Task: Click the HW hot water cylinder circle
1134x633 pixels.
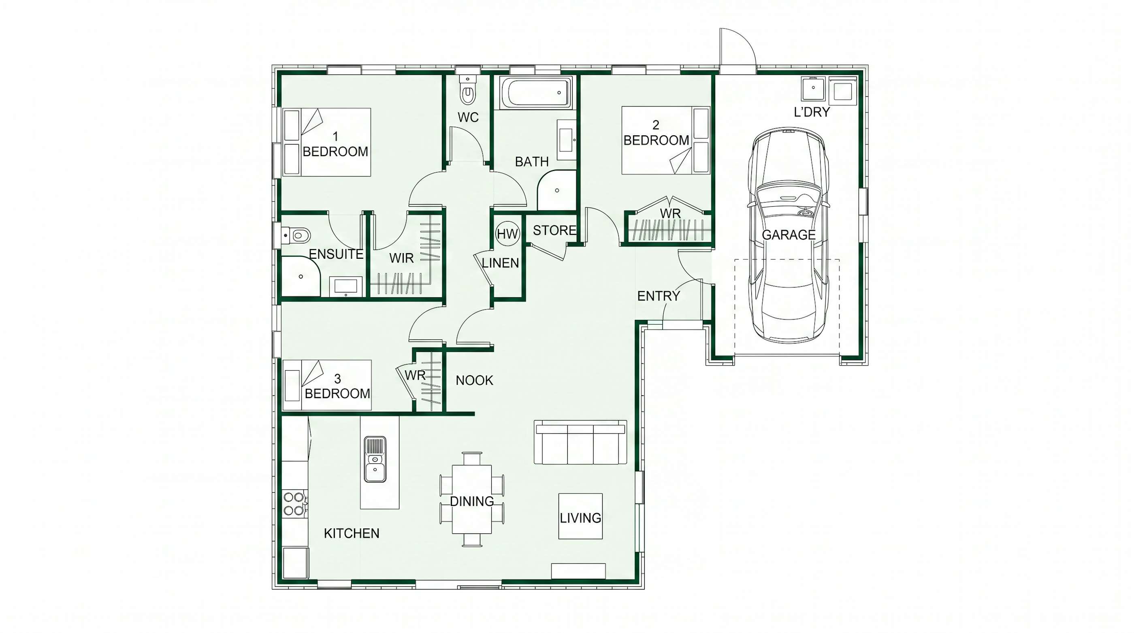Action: (507, 234)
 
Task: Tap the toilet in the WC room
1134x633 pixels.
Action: (467, 90)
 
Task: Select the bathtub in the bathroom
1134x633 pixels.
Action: (536, 92)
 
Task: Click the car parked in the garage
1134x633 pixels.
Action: (788, 234)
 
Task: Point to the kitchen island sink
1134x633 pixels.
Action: (375, 459)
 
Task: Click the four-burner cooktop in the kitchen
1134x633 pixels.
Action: (294, 504)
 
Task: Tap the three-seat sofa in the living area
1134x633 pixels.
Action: (580, 442)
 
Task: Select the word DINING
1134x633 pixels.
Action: (471, 501)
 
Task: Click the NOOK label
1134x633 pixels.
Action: (474, 380)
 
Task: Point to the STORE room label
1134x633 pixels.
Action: (554, 230)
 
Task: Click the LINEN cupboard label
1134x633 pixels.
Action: (501, 263)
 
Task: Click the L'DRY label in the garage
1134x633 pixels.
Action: (811, 112)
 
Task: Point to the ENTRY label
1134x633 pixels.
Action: (659, 296)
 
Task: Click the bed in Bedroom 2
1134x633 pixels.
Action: (665, 140)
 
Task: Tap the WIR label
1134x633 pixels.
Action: (401, 258)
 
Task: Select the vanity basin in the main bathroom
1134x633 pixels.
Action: (566, 140)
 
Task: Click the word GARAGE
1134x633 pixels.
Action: (789, 235)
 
